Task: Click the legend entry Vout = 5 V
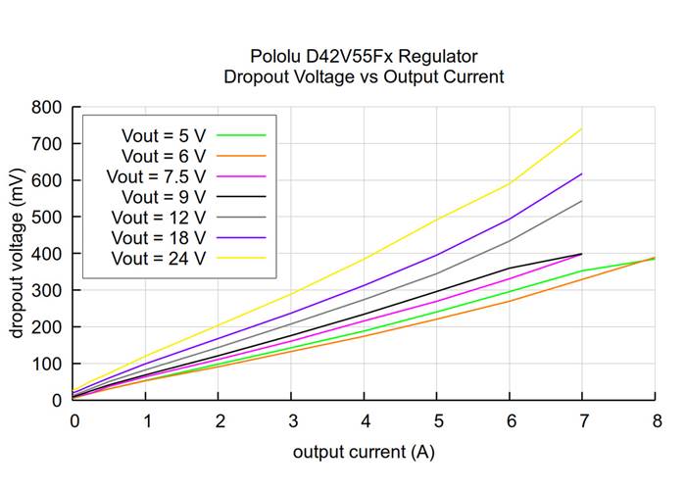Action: [x=163, y=134]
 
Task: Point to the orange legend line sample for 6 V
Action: [x=240, y=155]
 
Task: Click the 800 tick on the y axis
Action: [x=47, y=107]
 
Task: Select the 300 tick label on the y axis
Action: [x=47, y=290]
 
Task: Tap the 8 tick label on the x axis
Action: [x=656, y=420]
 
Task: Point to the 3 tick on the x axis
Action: [x=291, y=420]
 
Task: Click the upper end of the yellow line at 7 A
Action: [x=582, y=128]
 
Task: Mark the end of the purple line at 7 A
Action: [x=582, y=173]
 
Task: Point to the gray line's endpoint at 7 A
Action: [x=582, y=201]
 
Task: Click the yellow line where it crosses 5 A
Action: [x=437, y=219]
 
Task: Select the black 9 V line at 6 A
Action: [x=510, y=268]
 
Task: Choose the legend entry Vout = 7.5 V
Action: [x=158, y=175]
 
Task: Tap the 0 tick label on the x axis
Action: [x=73, y=420]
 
